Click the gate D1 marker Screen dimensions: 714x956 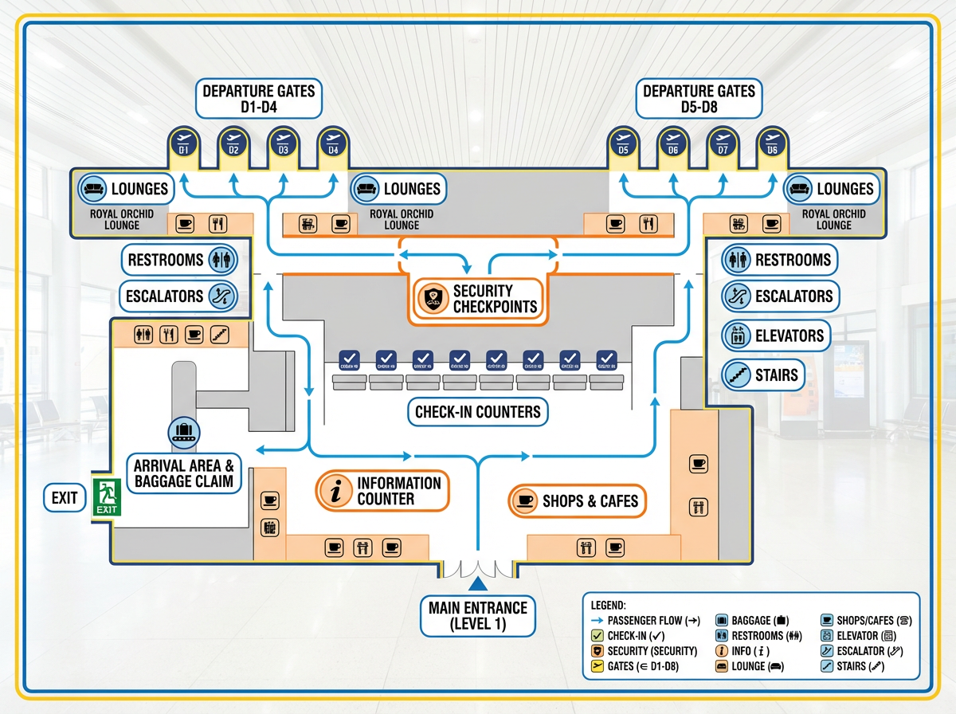183,143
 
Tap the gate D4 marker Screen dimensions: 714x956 333,143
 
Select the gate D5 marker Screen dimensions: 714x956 623,143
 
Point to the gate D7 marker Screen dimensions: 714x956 723,143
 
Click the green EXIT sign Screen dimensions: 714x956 105,498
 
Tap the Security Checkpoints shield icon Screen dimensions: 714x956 433,299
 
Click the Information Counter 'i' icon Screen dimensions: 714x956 335,491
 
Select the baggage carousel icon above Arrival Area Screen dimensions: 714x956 184,433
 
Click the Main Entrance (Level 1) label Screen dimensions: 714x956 478,615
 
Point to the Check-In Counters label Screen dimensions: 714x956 478,412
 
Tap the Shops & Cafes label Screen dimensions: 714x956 577,500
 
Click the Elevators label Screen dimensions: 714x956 775,335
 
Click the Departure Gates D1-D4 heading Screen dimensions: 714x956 259,99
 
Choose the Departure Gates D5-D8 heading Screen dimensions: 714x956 699,99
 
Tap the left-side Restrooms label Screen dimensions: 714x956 178,260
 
